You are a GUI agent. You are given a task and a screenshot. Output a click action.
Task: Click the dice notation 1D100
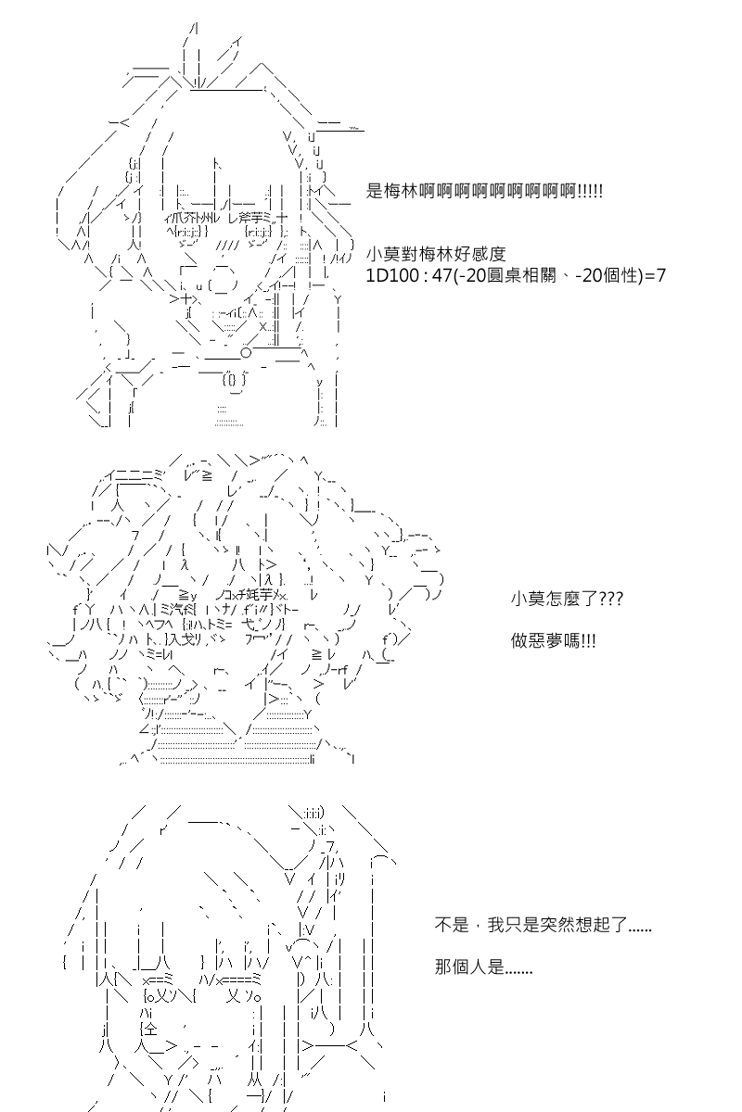392,275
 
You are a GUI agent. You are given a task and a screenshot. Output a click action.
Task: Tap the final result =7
655,275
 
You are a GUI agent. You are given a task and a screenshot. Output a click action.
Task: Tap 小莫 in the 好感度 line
383,254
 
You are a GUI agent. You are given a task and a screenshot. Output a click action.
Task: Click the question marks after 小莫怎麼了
611,599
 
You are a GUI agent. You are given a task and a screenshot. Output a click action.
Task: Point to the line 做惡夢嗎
553,641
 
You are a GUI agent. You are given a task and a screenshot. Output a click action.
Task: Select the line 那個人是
483,967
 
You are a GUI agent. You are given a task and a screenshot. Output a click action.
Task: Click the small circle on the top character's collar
246,353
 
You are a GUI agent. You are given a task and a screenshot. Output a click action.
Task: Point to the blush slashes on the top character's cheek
228,246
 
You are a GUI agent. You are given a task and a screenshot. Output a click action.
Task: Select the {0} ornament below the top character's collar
234,381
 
